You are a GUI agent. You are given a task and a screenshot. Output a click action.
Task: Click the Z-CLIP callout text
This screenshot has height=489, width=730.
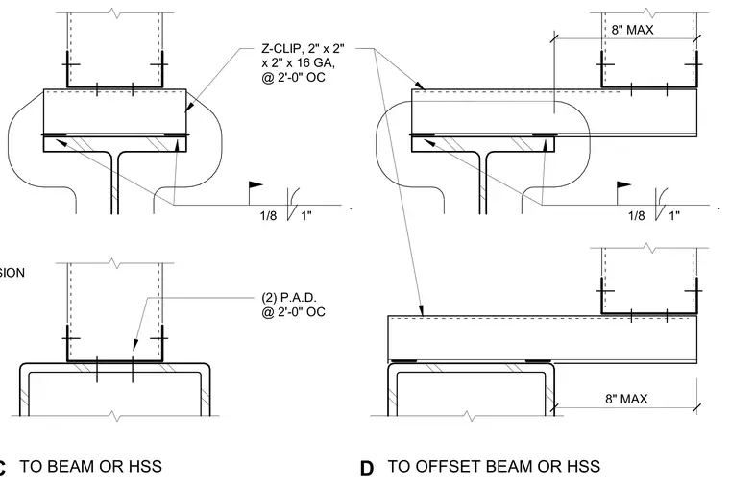pos(303,62)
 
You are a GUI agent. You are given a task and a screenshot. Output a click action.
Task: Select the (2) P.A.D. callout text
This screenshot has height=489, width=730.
pos(293,305)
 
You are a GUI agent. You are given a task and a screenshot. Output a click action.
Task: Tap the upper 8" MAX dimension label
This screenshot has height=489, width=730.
pos(632,30)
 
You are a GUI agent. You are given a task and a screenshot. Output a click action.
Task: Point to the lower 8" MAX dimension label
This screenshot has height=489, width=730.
pos(626,399)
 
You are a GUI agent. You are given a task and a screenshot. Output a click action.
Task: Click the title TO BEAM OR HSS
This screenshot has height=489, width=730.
pos(91,466)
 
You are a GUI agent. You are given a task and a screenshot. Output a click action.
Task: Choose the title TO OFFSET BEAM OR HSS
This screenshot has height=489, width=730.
pos(494,466)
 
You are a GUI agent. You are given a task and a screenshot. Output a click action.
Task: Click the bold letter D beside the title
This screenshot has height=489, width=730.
pos(367,468)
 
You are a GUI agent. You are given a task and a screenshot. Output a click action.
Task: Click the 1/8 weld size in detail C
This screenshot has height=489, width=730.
pos(268,215)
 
